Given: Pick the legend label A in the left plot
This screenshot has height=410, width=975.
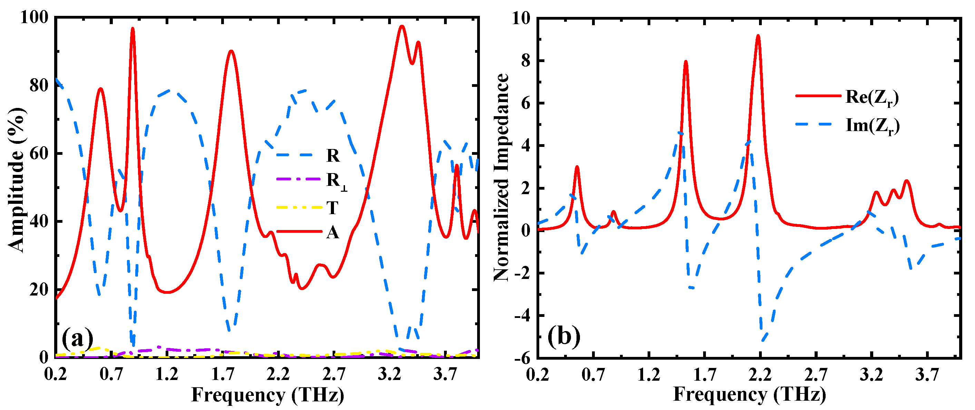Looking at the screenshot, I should coord(333,232).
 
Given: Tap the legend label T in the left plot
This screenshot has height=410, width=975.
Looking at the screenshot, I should coord(332,208).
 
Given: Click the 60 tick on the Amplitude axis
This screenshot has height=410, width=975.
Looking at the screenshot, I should coord(39,153).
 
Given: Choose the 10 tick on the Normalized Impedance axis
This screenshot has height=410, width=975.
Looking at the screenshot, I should coord(521,18).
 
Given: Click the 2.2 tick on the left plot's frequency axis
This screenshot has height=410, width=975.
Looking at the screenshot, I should coord(278,374).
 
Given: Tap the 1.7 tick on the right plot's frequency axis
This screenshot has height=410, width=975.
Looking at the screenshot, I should coord(705,374).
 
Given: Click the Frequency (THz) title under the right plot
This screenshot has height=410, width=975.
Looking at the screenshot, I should coord(749,394).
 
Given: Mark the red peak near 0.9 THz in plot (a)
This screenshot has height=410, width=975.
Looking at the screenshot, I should coord(132,28).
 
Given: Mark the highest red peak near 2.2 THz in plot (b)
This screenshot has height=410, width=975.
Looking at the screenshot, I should coord(758,36).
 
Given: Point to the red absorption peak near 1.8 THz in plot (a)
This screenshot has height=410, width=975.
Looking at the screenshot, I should coord(231,51).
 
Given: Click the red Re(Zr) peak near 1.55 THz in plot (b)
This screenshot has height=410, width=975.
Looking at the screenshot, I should coord(686,62).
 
